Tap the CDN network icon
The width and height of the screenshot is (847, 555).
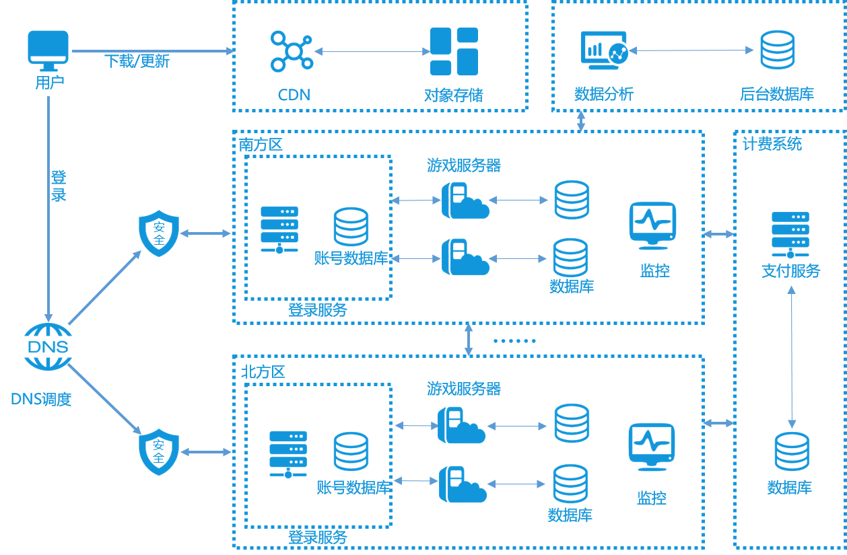292,51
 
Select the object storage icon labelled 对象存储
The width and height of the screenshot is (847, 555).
454,51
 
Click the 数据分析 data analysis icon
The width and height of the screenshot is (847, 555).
604,50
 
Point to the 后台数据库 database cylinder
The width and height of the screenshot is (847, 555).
777,50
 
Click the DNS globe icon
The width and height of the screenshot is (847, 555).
48,346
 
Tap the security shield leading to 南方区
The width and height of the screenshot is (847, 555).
158,233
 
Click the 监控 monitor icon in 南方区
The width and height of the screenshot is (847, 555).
652,225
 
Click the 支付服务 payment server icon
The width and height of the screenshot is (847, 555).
790,235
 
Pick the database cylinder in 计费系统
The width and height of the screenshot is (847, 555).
791,451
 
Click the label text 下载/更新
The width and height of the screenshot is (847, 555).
137,62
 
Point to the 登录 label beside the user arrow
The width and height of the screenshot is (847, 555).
59,186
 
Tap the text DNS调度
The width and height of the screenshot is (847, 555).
41,399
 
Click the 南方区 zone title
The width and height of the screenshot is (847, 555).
261,145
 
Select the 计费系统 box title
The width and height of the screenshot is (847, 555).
772,144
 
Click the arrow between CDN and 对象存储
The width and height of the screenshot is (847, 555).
372,51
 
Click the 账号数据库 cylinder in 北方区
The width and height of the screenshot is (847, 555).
351,451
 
